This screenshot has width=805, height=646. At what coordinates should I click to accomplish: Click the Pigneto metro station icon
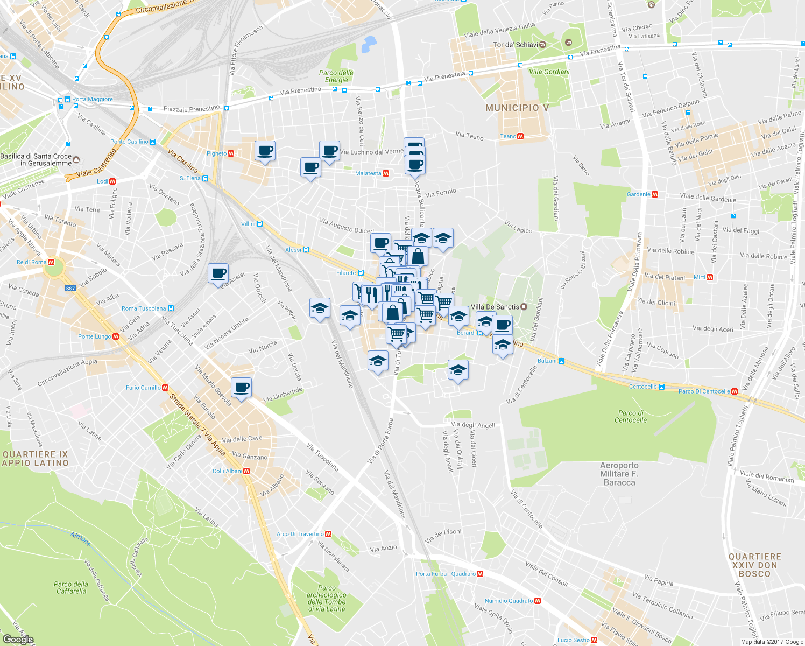231,153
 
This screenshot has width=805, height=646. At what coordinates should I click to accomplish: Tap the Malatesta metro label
368,173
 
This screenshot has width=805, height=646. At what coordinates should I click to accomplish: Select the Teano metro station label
507,136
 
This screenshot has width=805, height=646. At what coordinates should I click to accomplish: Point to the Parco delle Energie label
336,76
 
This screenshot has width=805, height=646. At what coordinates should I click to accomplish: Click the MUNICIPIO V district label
517,108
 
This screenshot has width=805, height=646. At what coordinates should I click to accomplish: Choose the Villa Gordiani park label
549,72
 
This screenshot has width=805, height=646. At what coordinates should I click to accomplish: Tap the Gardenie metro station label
638,194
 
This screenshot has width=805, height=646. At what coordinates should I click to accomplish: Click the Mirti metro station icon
710,277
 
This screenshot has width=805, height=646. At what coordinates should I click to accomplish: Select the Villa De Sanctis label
495,307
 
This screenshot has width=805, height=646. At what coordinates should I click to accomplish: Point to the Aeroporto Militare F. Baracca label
619,474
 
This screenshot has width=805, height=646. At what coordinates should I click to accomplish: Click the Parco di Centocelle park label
631,416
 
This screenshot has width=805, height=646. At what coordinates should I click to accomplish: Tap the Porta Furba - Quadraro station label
446,574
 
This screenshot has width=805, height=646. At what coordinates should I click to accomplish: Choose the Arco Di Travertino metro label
300,534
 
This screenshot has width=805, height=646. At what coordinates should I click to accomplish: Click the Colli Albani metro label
227,471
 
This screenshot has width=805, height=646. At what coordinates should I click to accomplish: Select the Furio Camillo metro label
143,388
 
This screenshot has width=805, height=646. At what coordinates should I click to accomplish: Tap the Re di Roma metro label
31,262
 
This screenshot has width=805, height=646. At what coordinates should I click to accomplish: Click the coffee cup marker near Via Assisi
218,273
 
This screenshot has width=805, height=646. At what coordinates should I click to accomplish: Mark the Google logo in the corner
18,640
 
